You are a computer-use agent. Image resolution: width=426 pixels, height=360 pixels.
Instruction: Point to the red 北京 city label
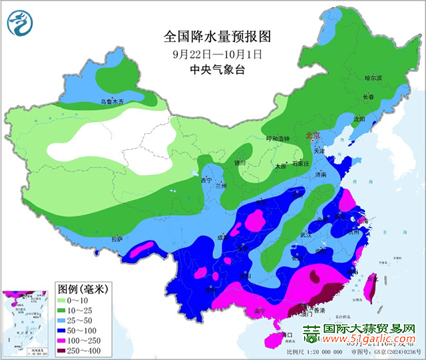pos(312,135)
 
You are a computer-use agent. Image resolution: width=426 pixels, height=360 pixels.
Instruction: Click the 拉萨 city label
pos(117,238)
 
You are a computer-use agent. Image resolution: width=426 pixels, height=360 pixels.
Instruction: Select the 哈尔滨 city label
pos(374,78)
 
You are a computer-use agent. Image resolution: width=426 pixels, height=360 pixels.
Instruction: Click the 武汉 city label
pos(306,234)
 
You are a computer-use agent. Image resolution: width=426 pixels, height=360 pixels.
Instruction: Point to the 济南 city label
pos(321,174)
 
